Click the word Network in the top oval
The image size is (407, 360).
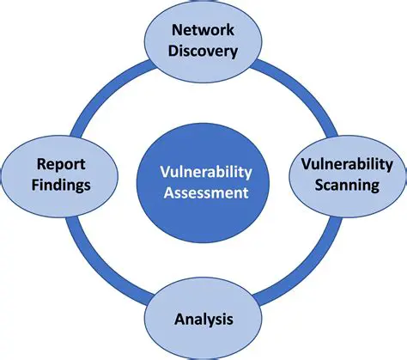[203, 31]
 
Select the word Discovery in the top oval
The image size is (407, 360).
[203, 51]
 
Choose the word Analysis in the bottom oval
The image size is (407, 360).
[203, 320]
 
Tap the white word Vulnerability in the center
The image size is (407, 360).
[203, 171]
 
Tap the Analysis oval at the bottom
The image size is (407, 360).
[203, 339]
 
